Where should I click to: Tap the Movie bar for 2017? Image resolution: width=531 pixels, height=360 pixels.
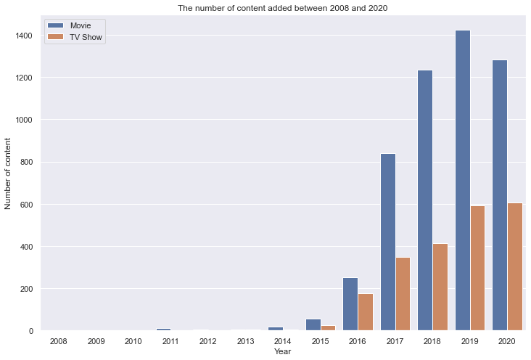point(388,242)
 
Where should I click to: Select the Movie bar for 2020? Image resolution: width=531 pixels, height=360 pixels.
point(500,195)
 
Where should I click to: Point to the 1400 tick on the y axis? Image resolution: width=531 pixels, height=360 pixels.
point(24,36)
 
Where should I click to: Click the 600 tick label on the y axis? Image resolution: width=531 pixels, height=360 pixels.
point(26,205)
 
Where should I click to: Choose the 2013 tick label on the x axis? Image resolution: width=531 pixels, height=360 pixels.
point(246,340)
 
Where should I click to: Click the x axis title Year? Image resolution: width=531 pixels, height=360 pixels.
point(283,352)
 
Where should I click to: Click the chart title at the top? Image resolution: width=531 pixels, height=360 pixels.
point(283,8)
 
